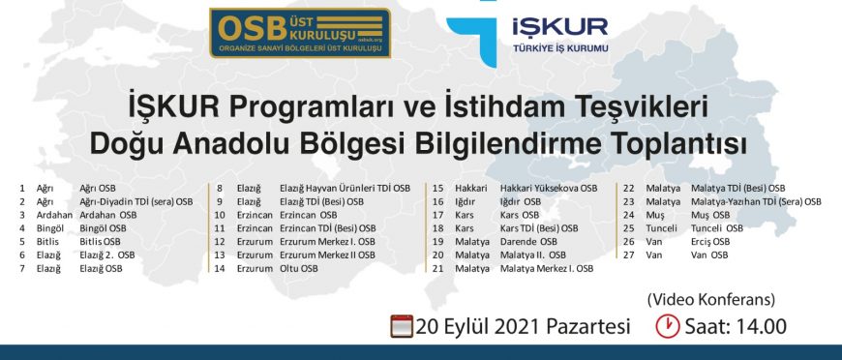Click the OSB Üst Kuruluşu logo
tap(300, 33)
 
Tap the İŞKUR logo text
tap(560, 26)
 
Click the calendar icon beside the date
tap(402, 326)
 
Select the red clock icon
tap(668, 326)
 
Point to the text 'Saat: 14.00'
tap(736, 326)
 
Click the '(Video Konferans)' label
tap(711, 299)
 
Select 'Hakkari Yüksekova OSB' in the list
tap(548, 189)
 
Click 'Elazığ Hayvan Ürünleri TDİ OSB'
tap(345, 189)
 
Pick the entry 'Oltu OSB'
tap(298, 268)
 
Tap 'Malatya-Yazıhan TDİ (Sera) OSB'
tap(756, 202)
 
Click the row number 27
tap(628, 255)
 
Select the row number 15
tap(438, 189)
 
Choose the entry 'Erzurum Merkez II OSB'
tap(327, 255)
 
